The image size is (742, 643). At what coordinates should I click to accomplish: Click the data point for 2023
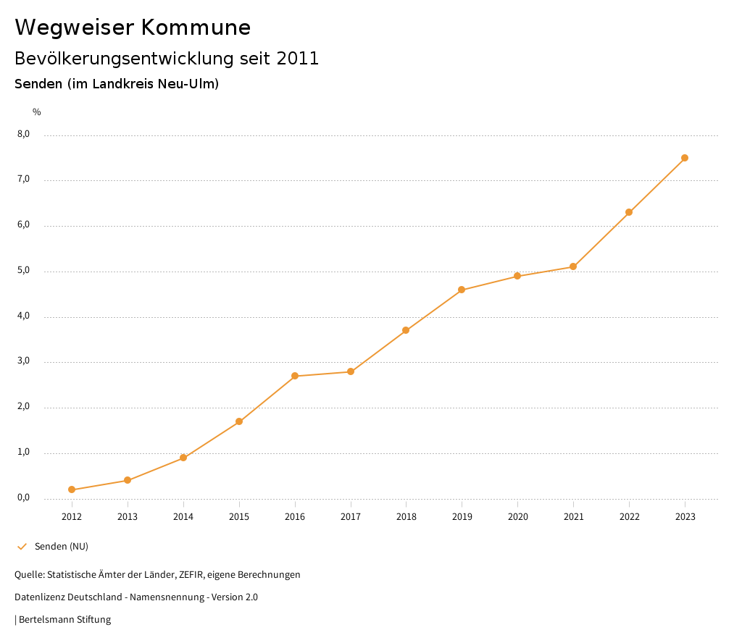point(685,158)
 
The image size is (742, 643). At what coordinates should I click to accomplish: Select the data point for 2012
point(72,489)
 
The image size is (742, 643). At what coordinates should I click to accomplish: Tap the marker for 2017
point(351,371)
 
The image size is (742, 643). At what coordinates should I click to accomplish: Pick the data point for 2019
point(462,290)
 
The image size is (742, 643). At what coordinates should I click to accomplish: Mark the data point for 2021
point(573,266)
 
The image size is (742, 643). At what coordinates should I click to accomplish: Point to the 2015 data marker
point(239,421)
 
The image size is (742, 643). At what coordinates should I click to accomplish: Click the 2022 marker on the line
point(629,212)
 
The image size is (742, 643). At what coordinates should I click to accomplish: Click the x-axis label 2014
point(183,516)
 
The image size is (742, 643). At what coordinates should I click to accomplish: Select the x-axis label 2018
point(406,516)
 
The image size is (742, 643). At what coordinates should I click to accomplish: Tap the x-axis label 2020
point(517,516)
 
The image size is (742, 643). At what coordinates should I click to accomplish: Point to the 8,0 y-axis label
point(23,134)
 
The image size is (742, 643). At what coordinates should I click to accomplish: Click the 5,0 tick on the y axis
point(23,270)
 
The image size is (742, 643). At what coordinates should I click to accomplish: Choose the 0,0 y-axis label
point(23,497)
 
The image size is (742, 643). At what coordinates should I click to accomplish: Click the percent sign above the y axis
point(37,112)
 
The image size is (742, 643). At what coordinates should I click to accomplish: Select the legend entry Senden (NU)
point(61,546)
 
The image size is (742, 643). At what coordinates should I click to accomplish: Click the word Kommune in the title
point(196,28)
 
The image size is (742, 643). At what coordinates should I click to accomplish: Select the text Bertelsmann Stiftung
point(64,619)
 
